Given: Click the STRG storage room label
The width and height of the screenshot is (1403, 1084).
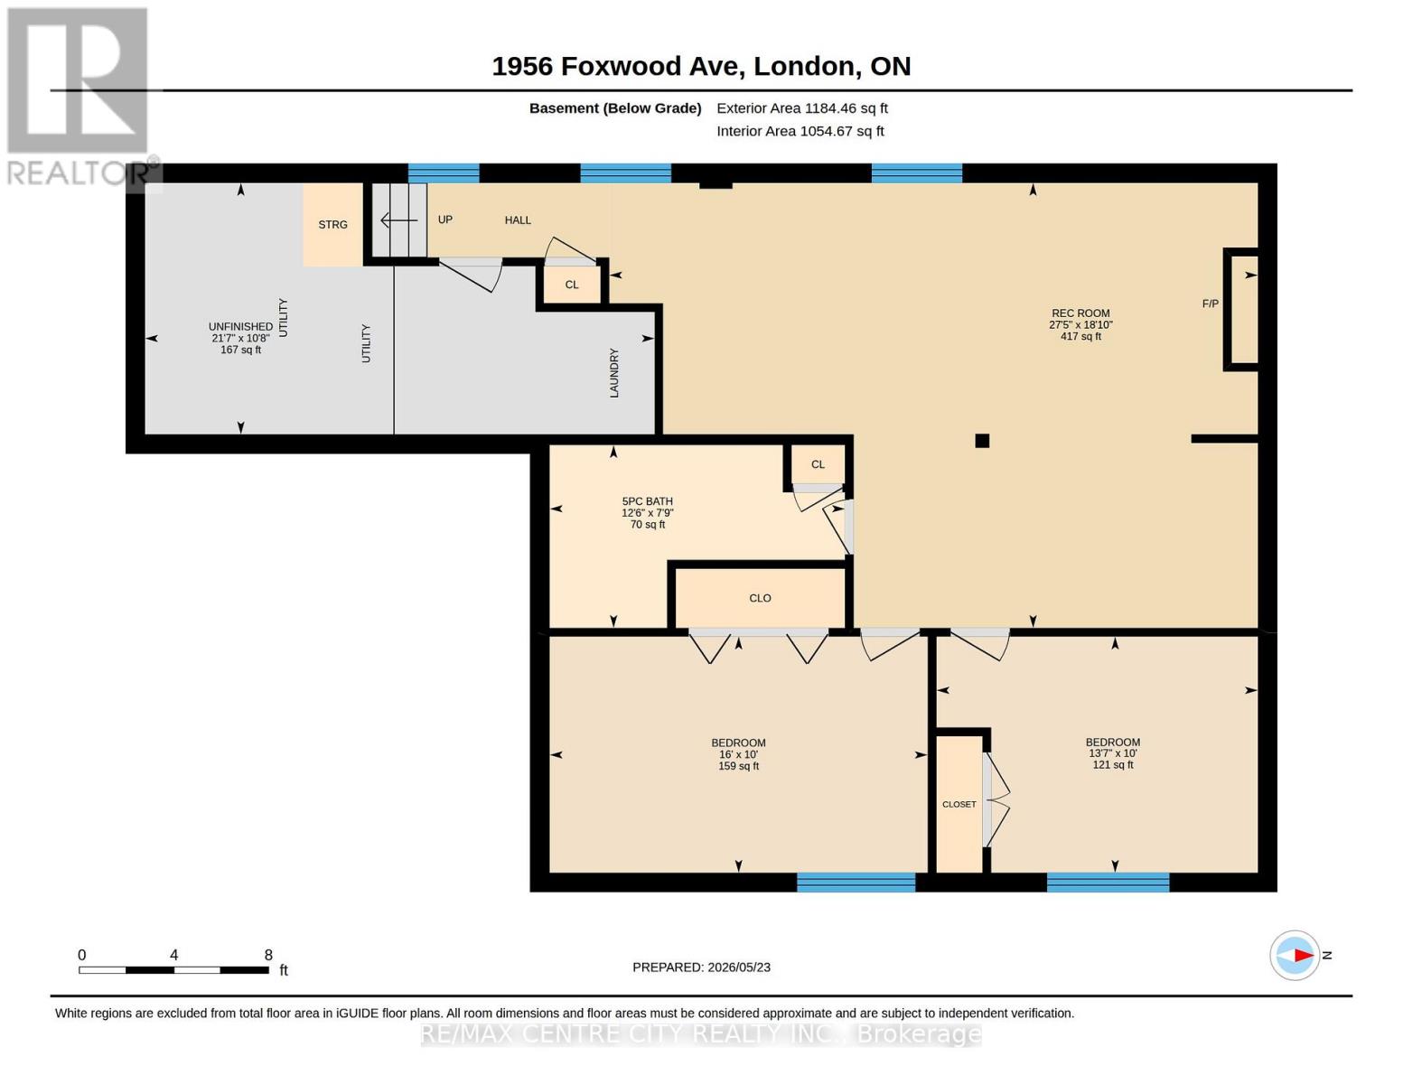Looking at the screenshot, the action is [332, 225].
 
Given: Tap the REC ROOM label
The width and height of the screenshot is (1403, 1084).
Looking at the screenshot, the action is [1080, 313].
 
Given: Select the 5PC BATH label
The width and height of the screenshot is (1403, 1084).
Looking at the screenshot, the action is [647, 501].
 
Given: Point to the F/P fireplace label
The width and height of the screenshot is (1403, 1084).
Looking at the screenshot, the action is [1210, 304].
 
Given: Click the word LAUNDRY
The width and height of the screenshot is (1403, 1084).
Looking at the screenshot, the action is [614, 372].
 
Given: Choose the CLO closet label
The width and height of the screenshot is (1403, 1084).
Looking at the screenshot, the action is [760, 599].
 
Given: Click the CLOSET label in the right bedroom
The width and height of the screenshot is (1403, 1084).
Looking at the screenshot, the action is [959, 805].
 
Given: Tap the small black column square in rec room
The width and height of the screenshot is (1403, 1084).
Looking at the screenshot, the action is [982, 441].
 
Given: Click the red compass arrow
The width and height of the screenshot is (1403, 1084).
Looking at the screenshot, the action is [1303, 956].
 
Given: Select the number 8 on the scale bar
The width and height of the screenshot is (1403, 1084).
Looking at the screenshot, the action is [268, 955].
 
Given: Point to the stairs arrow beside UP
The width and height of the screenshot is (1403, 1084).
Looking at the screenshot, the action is [399, 220].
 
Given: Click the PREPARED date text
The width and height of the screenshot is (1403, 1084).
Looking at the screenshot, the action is [701, 967].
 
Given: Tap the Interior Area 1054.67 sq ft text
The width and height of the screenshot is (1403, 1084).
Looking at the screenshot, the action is [800, 131].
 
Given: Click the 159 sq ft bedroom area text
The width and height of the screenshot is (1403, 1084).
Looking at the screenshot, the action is [738, 766].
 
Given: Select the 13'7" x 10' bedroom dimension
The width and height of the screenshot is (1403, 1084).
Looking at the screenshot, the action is [1112, 753].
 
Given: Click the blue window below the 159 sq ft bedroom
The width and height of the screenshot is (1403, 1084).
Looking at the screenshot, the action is [856, 882].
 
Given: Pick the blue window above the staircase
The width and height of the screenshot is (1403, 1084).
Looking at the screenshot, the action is [444, 173].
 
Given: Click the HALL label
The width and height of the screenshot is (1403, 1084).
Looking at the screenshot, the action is [518, 220].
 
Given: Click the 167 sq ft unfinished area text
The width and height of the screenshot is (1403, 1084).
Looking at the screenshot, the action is [241, 350].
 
